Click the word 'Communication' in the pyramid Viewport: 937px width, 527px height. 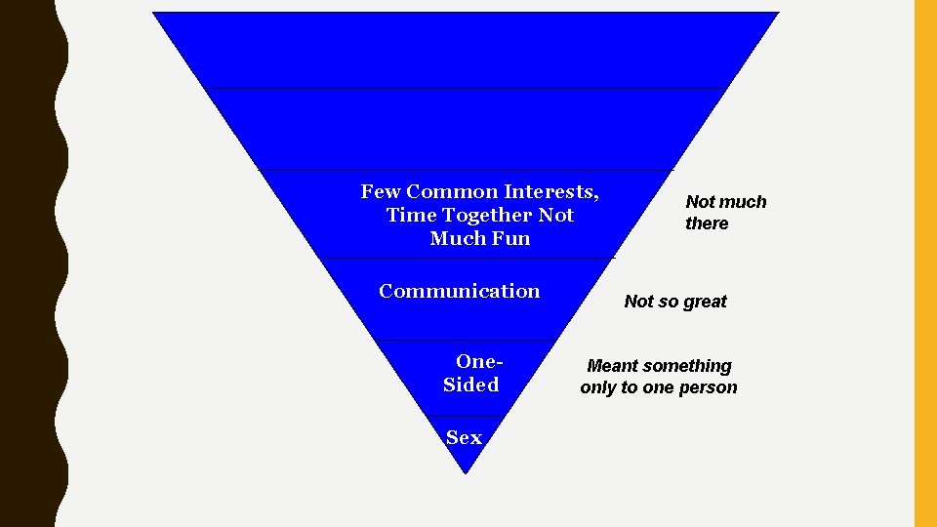[459, 291]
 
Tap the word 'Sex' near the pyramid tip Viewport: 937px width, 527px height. [464, 438]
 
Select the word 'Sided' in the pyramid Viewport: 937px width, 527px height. [470, 385]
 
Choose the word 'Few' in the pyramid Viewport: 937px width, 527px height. [380, 191]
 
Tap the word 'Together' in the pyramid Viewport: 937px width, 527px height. [487, 215]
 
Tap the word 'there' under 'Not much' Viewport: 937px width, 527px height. [707, 223]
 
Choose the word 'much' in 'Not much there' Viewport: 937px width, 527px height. [744, 202]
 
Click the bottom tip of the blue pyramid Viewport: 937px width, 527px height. [466, 473]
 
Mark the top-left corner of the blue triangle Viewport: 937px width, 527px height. [154, 14]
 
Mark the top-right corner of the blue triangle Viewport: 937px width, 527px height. [777, 14]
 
